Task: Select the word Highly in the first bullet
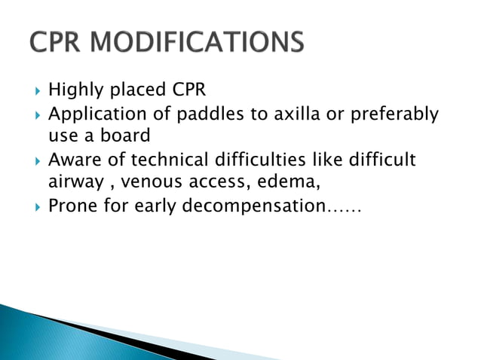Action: pos(75,92)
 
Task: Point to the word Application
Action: pos(94,115)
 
